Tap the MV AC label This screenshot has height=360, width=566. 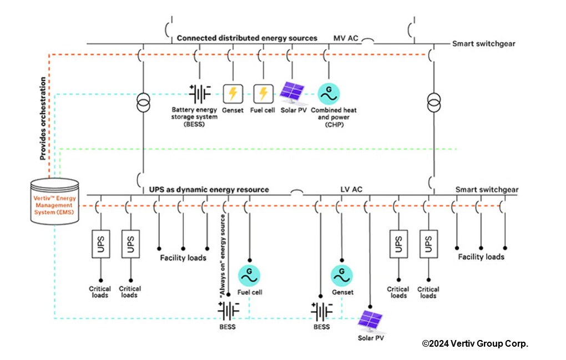pos(346,38)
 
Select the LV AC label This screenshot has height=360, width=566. pos(351,190)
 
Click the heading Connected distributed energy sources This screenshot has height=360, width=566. pos(247,38)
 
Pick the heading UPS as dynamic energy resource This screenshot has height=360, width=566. pos(209,190)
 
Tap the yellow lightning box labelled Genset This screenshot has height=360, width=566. pos(233,93)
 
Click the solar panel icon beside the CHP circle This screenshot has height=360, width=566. pos(294,93)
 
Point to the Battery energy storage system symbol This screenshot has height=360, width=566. pos(200,94)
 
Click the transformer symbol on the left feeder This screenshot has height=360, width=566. pos(144,102)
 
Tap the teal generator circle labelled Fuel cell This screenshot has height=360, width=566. pos(250,274)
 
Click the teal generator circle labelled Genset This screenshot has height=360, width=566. pos(342,274)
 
